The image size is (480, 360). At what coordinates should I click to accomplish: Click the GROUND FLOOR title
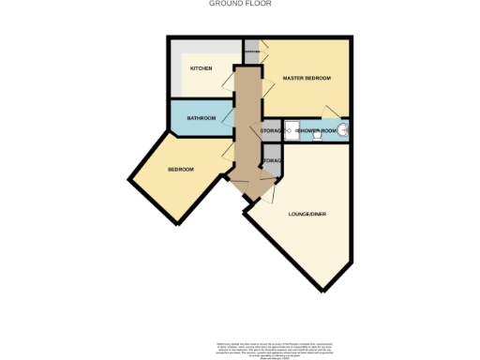coord(240,4)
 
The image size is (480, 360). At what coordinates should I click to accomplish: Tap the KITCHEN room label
coord(202,68)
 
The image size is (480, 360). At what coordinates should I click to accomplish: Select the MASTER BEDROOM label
coord(307,78)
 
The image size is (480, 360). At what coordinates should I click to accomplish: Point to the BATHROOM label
coord(202,118)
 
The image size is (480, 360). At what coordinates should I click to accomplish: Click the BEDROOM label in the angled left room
coord(181,169)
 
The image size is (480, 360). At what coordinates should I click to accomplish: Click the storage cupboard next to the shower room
coord(271,131)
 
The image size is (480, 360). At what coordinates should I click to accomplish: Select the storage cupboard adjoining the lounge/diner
coord(272,161)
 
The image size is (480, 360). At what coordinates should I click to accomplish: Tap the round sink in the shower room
coord(344,130)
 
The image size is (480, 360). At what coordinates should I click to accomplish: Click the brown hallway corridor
coord(247,122)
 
